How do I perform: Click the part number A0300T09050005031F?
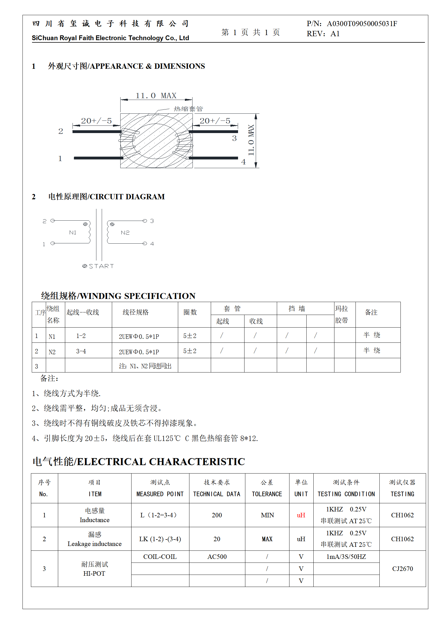[362, 24]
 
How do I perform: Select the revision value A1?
[335, 34]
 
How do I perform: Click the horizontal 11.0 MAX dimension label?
[156, 96]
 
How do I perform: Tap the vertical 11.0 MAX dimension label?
[251, 140]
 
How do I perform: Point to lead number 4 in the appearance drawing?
[243, 162]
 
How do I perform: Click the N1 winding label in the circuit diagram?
[73, 232]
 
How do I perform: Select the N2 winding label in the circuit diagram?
[125, 233]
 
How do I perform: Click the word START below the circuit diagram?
[101, 266]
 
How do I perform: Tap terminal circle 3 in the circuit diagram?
[145, 221]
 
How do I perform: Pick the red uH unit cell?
[301, 515]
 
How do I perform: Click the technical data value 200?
[217, 515]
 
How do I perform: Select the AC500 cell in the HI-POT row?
[217, 557]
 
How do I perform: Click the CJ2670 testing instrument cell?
[402, 569]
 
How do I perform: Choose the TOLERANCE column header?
[267, 494]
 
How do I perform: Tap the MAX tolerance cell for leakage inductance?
[267, 539]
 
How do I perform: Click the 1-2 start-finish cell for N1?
[81, 336]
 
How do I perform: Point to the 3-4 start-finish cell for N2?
[81, 351]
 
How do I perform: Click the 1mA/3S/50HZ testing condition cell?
[346, 557]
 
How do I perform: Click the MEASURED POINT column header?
[160, 494]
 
